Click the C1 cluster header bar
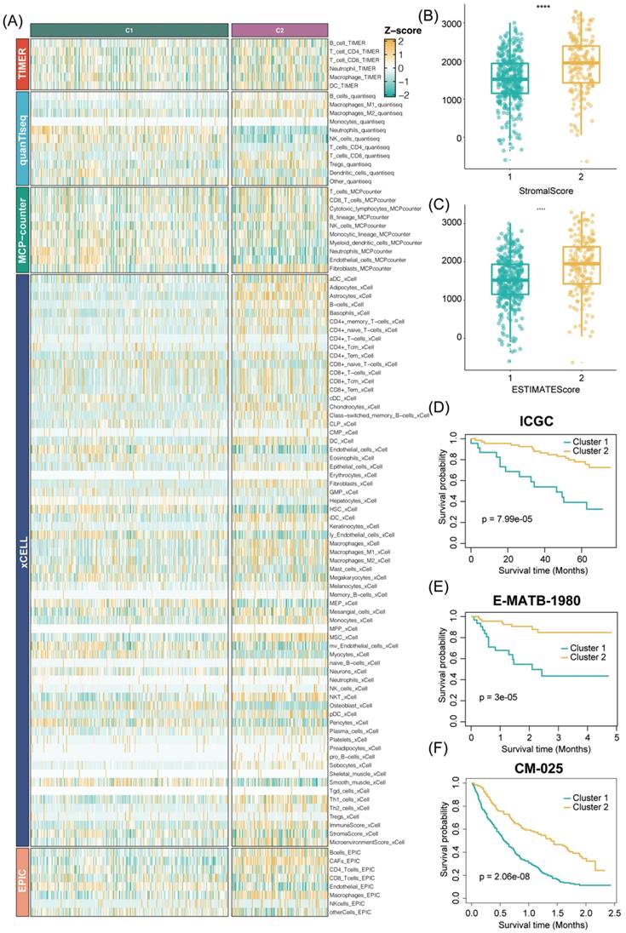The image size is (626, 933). [x=129, y=30]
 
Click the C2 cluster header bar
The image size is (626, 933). [x=279, y=30]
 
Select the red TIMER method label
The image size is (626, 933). [x=21, y=63]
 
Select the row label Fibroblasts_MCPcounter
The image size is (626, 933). [x=360, y=268]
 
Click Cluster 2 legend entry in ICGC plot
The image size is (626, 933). [x=587, y=450]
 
